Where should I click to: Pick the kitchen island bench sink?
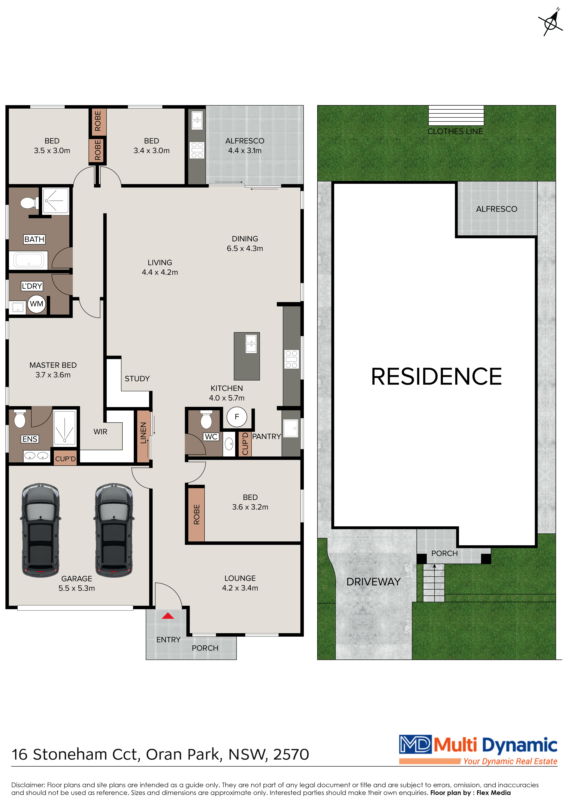click(251, 344)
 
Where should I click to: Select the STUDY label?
click(137, 379)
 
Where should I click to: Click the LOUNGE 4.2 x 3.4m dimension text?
click(240, 588)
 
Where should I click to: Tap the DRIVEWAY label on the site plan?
click(373, 582)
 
